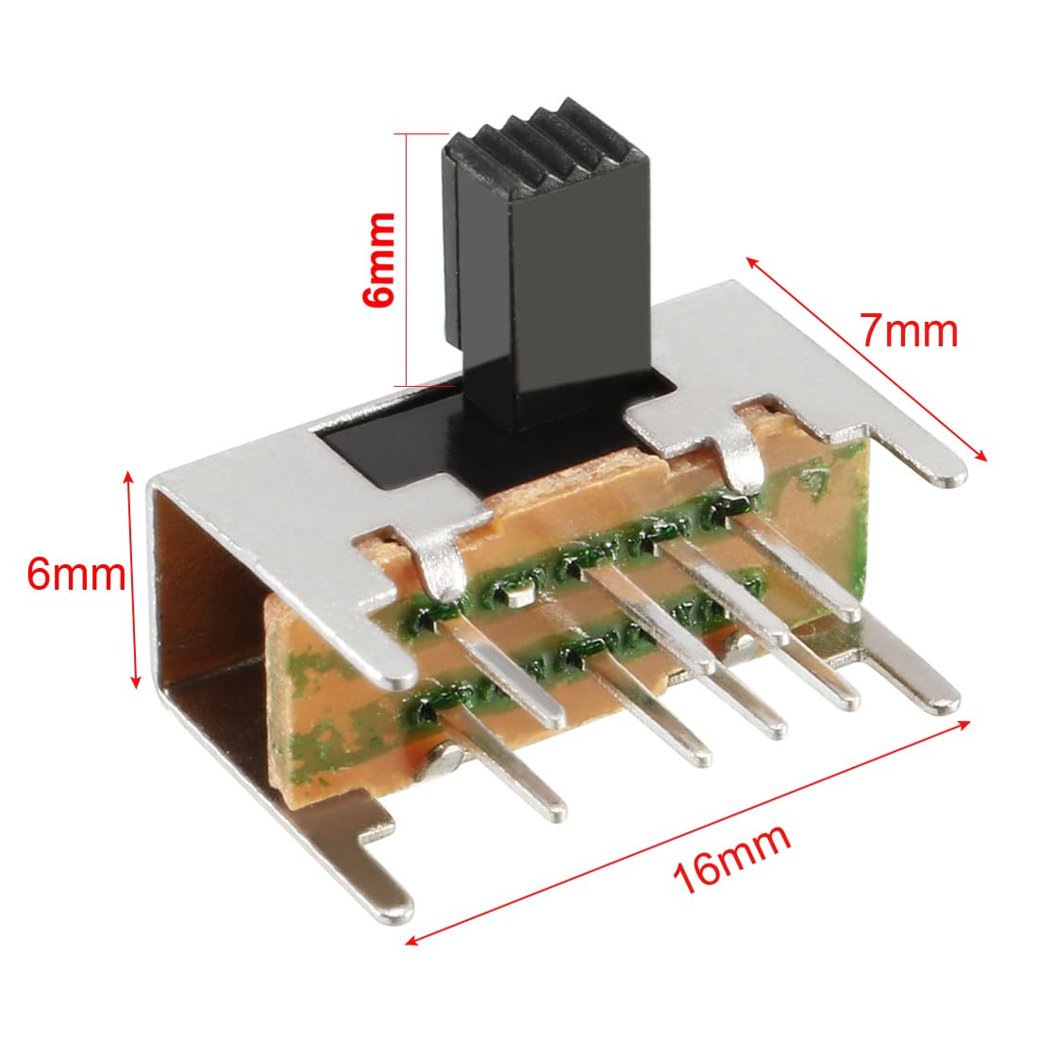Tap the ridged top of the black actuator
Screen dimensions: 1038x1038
(x=528, y=142)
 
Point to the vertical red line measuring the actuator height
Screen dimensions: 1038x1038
(x=407, y=259)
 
